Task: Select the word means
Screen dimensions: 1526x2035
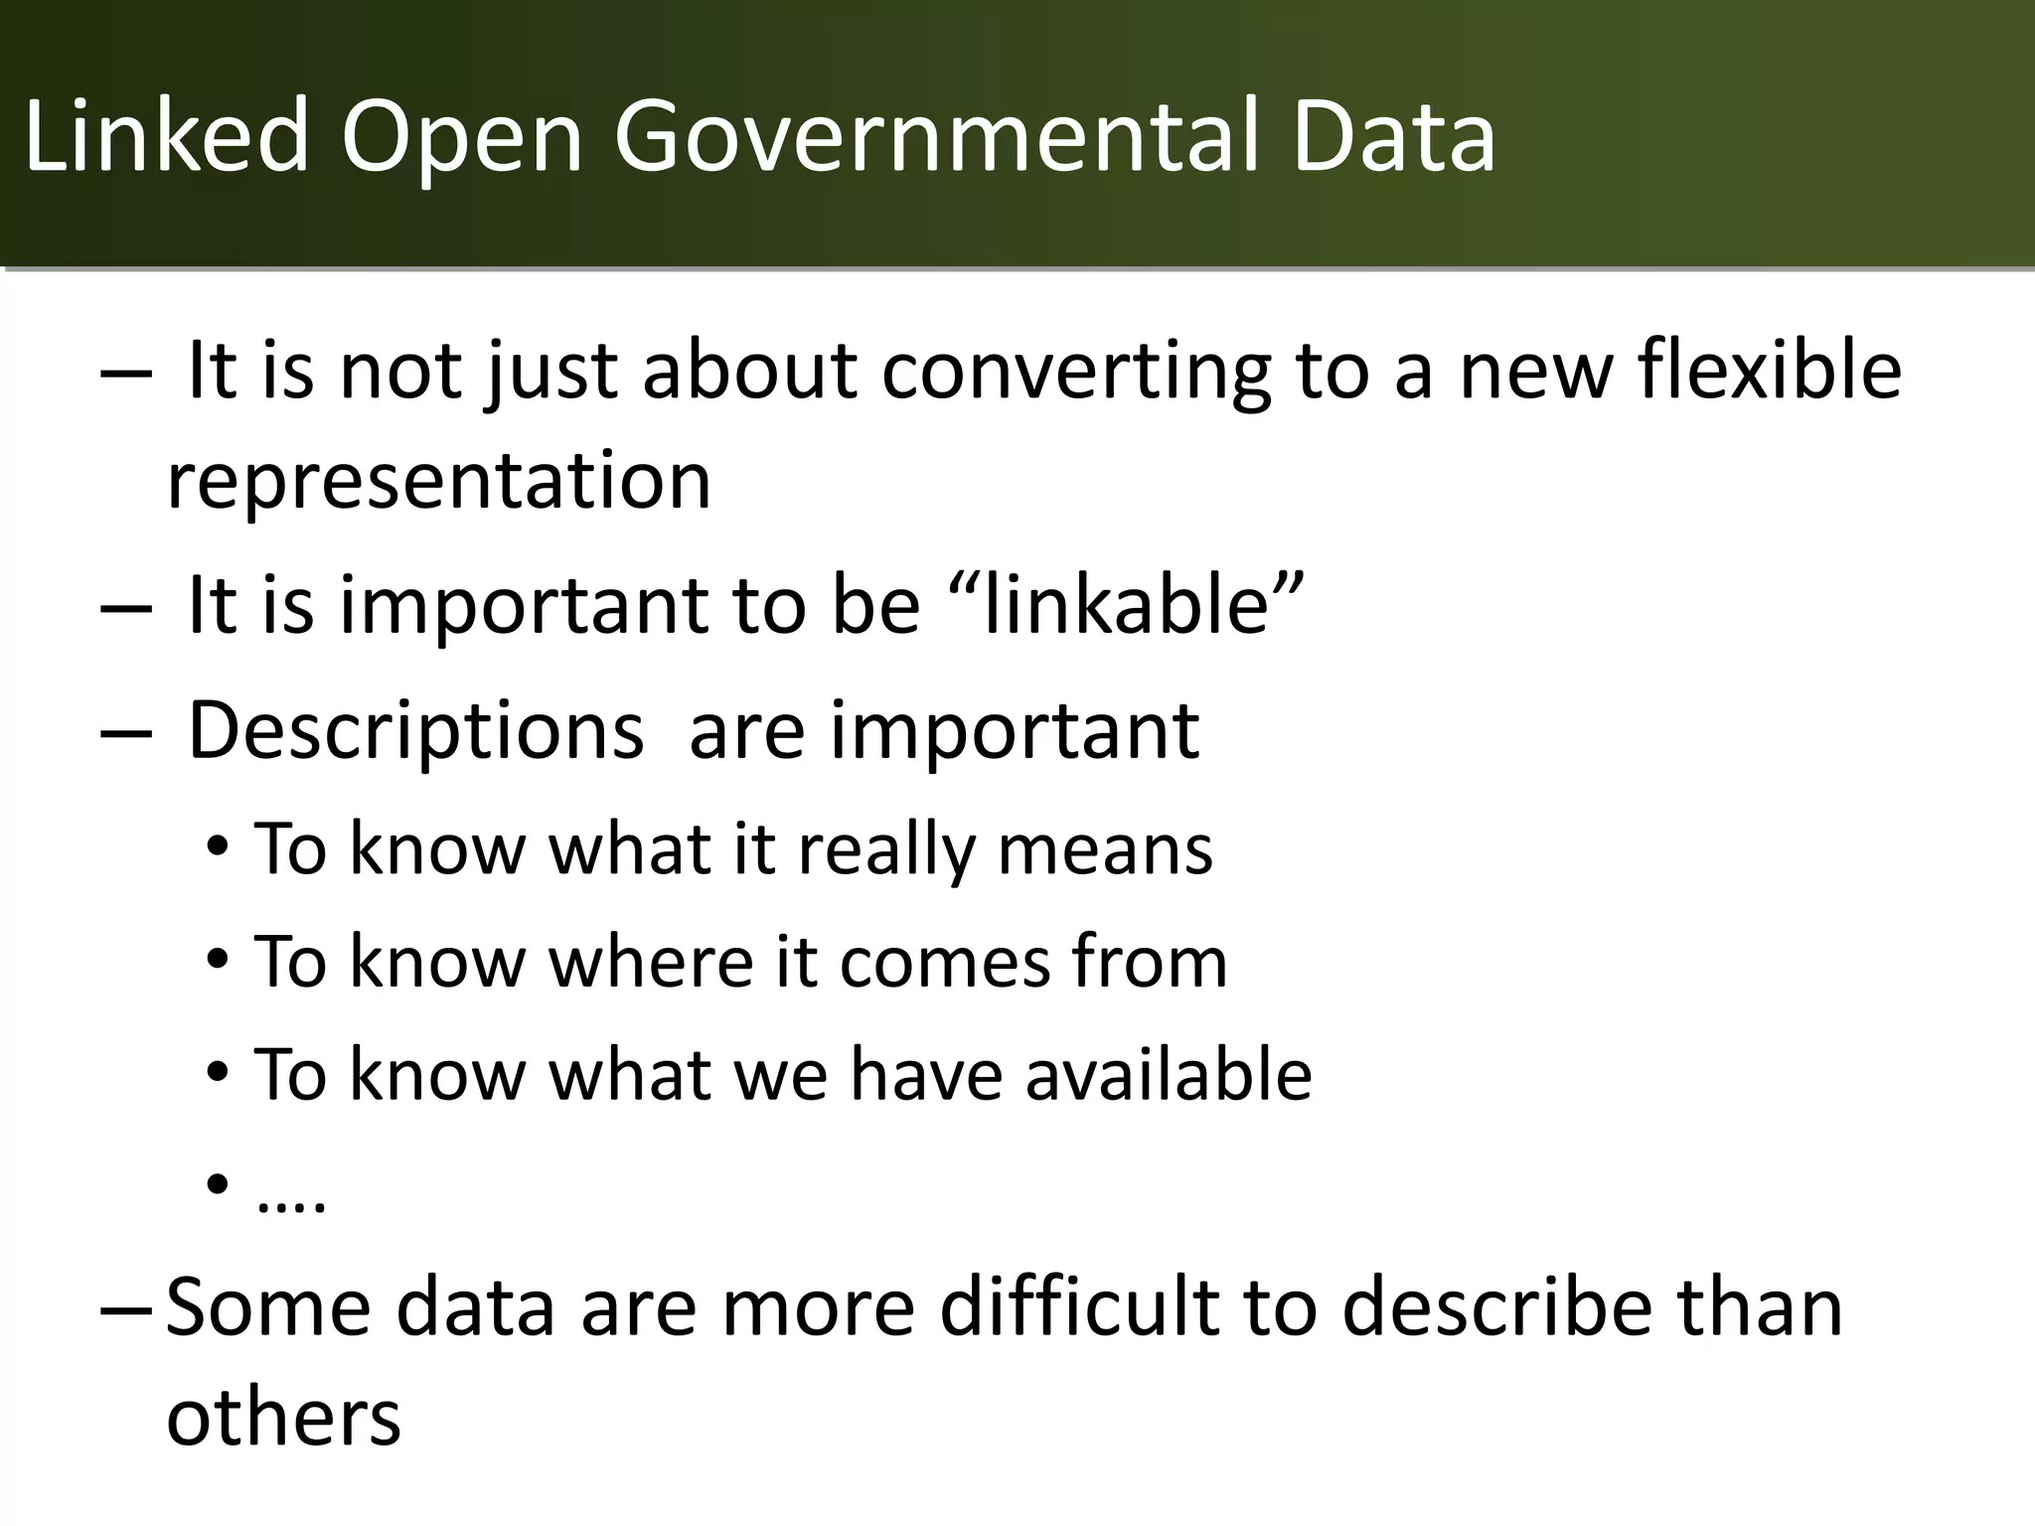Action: click(1104, 851)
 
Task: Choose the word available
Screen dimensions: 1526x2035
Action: click(1168, 1075)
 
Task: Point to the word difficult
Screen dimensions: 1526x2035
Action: click(1078, 1308)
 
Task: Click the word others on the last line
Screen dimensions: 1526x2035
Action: click(283, 1418)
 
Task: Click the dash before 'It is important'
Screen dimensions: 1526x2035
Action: click(126, 607)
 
